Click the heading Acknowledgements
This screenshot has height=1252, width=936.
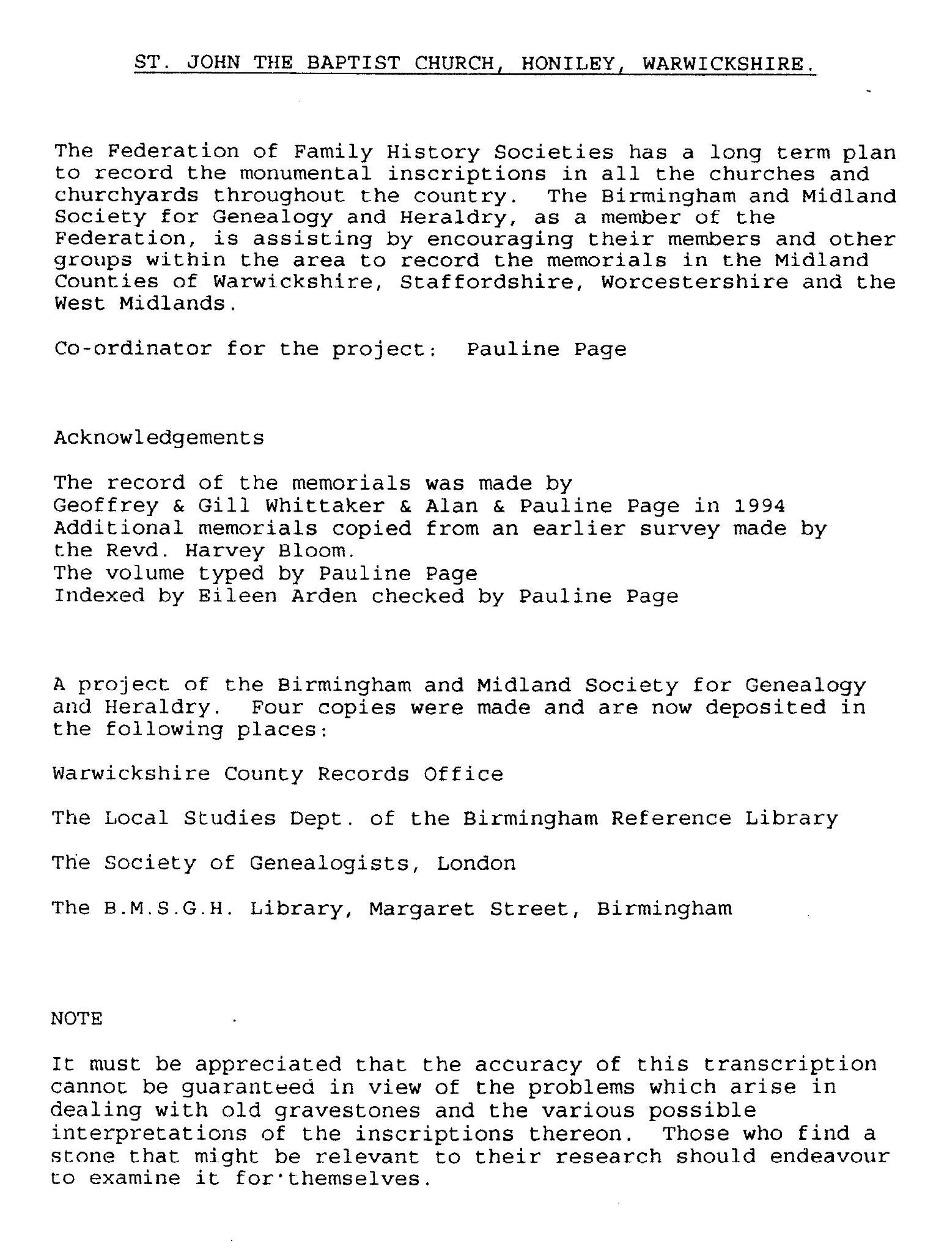point(159,438)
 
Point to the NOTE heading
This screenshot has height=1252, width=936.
point(76,1018)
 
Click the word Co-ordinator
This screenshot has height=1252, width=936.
point(133,349)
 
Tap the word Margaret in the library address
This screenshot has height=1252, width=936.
point(422,909)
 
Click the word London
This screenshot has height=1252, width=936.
point(476,863)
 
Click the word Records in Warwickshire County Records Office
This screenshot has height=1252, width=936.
point(363,774)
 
